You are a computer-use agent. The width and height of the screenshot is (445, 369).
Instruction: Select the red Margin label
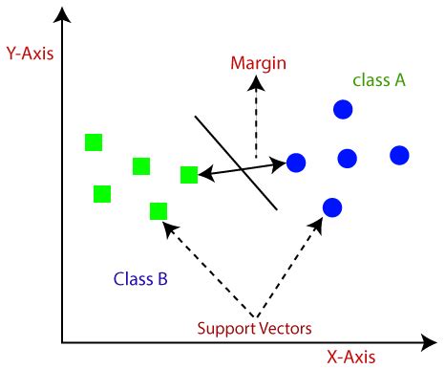click(259, 64)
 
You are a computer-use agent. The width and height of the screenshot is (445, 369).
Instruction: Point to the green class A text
click(379, 80)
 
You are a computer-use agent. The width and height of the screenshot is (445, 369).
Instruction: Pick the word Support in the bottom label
click(226, 329)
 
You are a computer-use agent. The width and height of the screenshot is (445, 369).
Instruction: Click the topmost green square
click(94, 142)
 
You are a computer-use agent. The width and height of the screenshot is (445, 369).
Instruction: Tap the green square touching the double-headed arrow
click(189, 174)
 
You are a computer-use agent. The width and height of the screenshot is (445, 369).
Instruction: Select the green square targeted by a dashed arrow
click(159, 210)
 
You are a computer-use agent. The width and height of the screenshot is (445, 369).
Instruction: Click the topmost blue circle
click(343, 110)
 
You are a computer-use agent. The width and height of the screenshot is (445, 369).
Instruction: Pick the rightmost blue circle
click(399, 155)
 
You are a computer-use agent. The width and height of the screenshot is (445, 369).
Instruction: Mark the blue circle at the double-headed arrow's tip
click(296, 163)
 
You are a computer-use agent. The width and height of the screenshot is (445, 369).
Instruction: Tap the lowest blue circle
click(332, 206)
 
